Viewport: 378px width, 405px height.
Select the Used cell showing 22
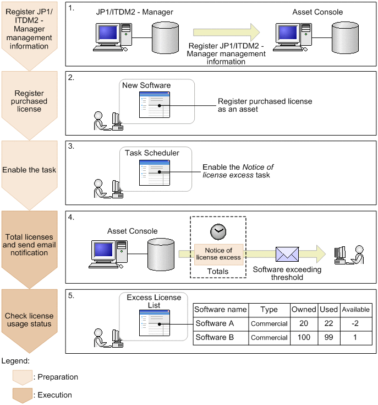click(328, 323)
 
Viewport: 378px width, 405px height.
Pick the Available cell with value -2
click(355, 323)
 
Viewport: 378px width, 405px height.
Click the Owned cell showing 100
click(304, 337)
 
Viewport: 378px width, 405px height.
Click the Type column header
click(269, 310)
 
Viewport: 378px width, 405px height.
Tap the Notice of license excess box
click(218, 253)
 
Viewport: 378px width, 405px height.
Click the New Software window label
click(146, 85)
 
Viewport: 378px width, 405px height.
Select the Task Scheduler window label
click(151, 153)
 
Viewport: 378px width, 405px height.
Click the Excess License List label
click(154, 301)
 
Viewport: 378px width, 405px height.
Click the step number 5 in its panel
click(72, 295)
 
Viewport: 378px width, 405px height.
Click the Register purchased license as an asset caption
click(265, 105)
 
